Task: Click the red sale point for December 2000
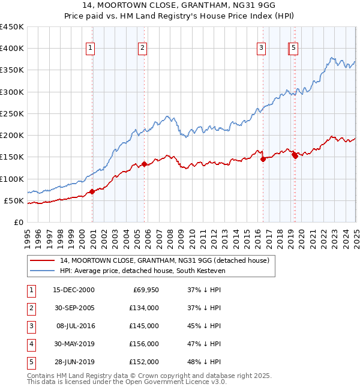92,192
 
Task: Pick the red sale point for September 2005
145,164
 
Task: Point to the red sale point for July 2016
263,159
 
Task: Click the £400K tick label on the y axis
11,49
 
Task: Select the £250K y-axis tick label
11,113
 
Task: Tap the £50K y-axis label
14,200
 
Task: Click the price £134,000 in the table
143,308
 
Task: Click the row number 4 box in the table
30,344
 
